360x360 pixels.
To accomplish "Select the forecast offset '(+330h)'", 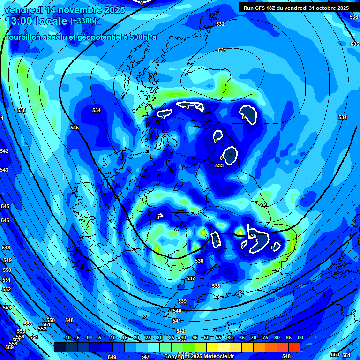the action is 83,21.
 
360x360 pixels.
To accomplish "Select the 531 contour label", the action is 222,50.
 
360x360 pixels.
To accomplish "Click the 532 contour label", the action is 221,24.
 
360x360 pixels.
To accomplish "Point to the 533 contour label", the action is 219,165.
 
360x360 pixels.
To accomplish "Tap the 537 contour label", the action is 191,278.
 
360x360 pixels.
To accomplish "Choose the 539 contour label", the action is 182,301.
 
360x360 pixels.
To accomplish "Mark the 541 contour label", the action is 177,321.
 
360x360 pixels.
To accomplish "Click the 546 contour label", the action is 5,220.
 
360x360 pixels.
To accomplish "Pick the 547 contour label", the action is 145,357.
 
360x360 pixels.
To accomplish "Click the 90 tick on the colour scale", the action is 300,337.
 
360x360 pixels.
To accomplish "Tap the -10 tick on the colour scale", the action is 67,337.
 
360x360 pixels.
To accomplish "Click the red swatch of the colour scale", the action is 294,347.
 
